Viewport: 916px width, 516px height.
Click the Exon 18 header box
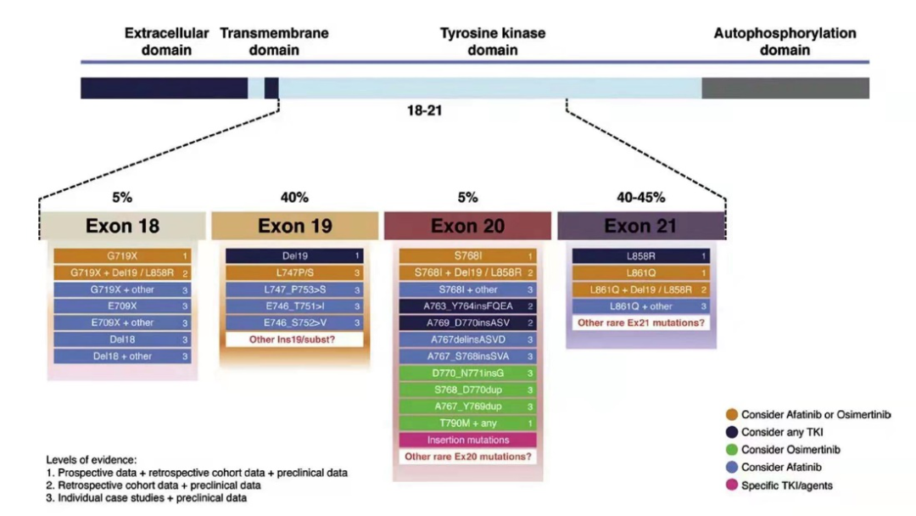pos(122,226)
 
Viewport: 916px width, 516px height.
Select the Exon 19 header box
pos(295,226)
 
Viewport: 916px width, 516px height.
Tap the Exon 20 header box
pos(467,226)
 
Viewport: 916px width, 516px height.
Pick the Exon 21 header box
pos(641,226)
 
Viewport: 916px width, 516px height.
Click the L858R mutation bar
pos(641,255)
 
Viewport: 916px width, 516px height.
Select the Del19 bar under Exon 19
pos(295,255)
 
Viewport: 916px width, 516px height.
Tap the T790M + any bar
pos(467,423)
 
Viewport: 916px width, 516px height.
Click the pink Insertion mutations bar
pos(467,440)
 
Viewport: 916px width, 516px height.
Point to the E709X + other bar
pos(122,322)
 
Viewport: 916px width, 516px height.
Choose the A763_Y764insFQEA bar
pos(467,306)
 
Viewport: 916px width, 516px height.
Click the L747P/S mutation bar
pos(295,272)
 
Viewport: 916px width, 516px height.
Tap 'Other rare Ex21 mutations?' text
pos(641,323)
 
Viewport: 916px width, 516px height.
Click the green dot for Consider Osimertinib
pos(732,450)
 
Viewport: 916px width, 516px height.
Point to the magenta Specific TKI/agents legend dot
pos(732,485)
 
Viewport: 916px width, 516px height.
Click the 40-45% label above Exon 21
pos(641,198)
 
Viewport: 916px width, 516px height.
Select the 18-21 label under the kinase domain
pos(425,110)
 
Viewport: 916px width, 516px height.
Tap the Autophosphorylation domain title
pos(785,42)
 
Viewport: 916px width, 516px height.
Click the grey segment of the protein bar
pos(785,87)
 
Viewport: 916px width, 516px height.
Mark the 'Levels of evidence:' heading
pos(91,459)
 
